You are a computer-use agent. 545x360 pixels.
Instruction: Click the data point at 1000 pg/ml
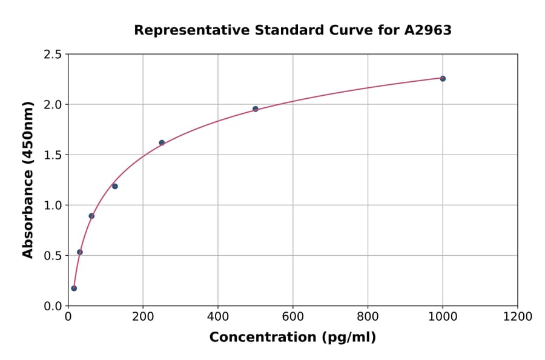pos(443,79)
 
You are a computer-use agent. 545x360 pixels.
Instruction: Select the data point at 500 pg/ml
pos(256,109)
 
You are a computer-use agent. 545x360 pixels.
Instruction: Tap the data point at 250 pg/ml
pos(162,143)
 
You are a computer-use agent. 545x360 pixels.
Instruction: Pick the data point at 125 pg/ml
pos(115,186)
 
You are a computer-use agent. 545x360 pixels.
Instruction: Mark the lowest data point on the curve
pos(74,288)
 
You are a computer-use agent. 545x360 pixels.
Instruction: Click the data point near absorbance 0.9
pos(91,216)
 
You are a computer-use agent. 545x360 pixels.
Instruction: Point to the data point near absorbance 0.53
pos(80,252)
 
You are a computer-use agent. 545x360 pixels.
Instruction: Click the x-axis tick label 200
pos(143,316)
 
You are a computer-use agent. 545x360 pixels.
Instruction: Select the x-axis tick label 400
pos(218,316)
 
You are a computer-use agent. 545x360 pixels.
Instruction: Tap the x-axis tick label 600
pos(293,316)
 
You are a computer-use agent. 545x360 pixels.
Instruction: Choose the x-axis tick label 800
pos(368,316)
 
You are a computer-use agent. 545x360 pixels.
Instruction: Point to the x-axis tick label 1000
pos(443,316)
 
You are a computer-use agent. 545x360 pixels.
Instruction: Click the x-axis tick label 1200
pos(518,316)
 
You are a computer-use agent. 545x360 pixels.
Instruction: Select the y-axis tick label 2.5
pos(53,55)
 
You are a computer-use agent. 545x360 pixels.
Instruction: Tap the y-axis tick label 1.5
pos(53,155)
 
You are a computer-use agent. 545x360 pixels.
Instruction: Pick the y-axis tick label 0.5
pos(53,256)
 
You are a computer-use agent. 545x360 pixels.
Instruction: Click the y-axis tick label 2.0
pos(53,105)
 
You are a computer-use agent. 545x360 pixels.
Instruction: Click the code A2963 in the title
pos(428,30)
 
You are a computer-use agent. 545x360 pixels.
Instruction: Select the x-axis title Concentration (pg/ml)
pos(292,338)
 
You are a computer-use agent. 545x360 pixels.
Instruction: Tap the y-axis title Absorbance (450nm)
pos(28,180)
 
